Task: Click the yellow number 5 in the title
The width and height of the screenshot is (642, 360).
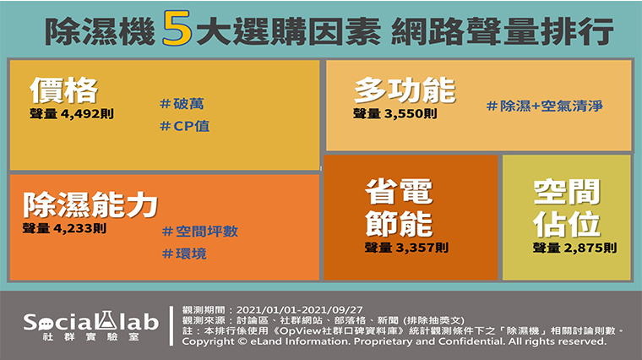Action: pos(177,28)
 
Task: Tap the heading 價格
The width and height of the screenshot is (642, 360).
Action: pos(64,90)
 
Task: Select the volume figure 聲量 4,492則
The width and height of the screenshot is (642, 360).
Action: pos(72,113)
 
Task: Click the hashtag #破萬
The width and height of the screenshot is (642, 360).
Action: pos(182,104)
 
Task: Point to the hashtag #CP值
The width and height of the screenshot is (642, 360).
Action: pos(185,126)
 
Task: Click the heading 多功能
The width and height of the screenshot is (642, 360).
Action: pos(405,90)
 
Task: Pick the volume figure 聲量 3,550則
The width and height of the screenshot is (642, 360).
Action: pos(395,113)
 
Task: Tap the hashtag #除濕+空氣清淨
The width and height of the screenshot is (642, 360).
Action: pos(545,106)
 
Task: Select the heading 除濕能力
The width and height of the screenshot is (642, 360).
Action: pos(90,205)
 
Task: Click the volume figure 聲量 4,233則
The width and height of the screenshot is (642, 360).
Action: pos(65,228)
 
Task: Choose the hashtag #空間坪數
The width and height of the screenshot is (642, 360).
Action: pos(200,232)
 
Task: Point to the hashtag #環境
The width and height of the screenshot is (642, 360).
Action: pos(184,254)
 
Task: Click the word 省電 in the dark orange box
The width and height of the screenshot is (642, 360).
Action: pos(399,191)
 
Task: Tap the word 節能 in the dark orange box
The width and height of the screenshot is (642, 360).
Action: pos(399,224)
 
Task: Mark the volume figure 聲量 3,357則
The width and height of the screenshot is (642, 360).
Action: pos(406,248)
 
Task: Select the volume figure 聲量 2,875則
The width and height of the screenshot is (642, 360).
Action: pos(574,248)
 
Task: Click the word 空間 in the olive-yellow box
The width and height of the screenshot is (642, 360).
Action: pos(567,192)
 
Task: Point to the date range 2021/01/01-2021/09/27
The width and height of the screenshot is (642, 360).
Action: pos(299,310)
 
